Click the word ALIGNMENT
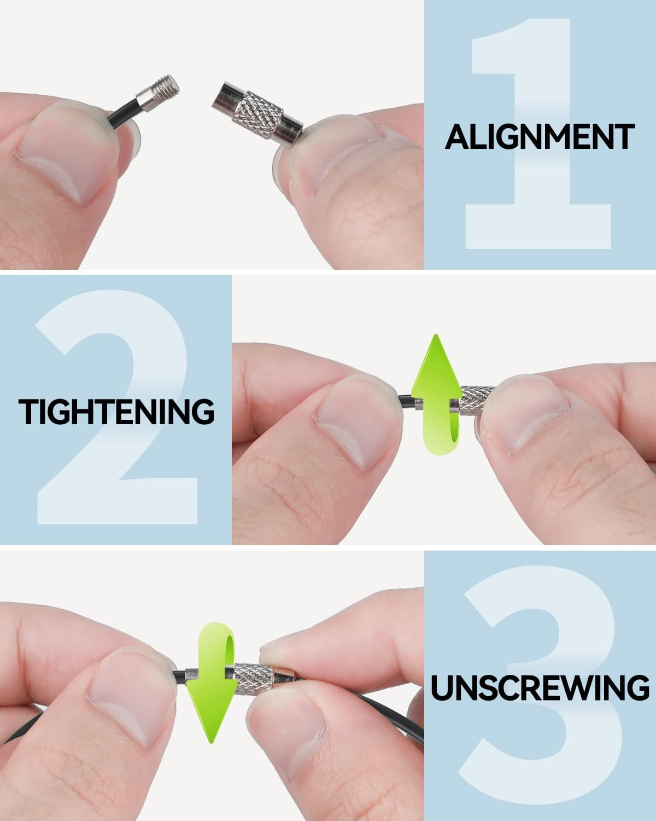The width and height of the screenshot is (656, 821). [540, 137]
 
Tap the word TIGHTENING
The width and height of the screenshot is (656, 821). [116, 411]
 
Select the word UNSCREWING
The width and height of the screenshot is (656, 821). [540, 687]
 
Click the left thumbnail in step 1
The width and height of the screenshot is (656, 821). [63, 153]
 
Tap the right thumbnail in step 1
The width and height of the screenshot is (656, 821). [336, 157]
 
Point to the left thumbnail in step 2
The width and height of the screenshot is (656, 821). [358, 420]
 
